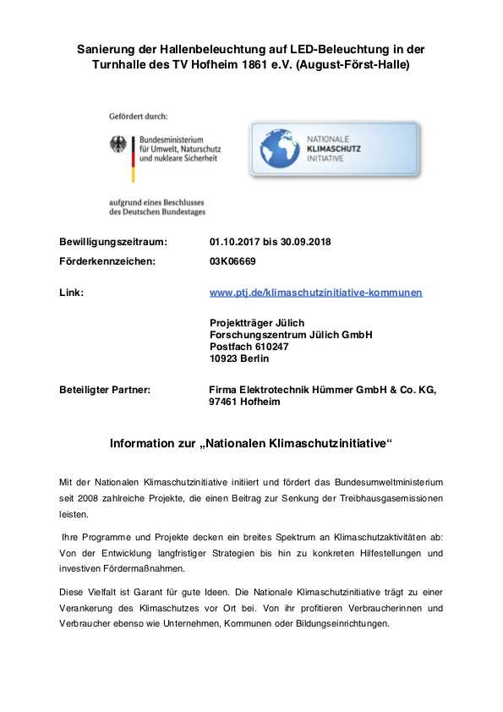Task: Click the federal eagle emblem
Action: [x=117, y=145]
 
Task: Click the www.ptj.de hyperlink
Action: [x=315, y=293]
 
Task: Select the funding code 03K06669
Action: [x=232, y=261]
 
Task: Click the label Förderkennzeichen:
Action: [x=107, y=261]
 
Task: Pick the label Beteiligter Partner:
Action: [x=105, y=390]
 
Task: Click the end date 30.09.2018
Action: [x=303, y=242]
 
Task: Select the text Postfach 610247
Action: [x=249, y=347]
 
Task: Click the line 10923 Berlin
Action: [x=238, y=359]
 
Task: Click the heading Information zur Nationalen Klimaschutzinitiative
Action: [x=251, y=443]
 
